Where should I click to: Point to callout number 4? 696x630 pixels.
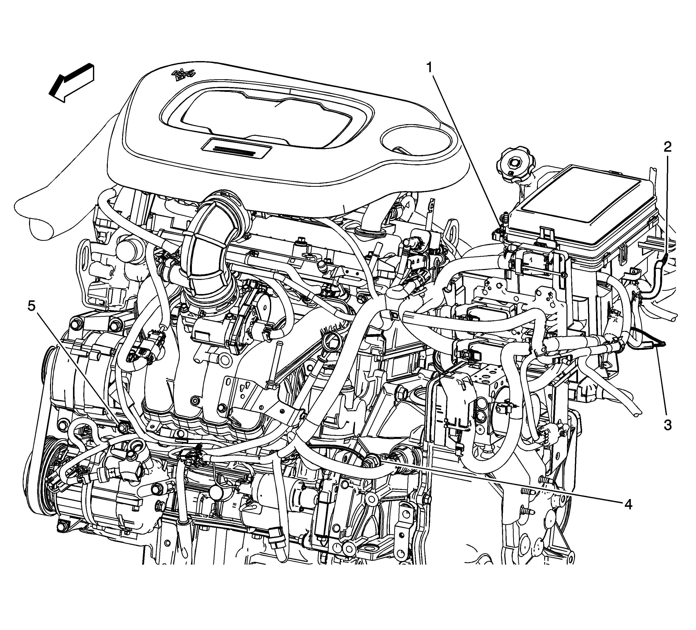click(628, 505)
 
